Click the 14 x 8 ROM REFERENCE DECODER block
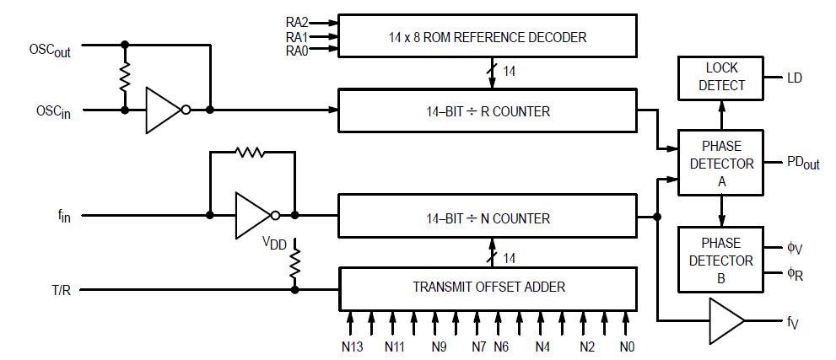coord(487,37)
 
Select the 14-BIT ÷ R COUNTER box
coord(487,110)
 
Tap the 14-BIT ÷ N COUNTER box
coord(487,218)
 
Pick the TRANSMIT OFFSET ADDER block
coord(487,287)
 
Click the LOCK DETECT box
coord(720,78)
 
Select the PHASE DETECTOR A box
coord(720,163)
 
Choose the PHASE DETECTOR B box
coord(720,261)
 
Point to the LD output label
coord(794,78)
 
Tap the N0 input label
coord(625,347)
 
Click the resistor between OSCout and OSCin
coord(125,79)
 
